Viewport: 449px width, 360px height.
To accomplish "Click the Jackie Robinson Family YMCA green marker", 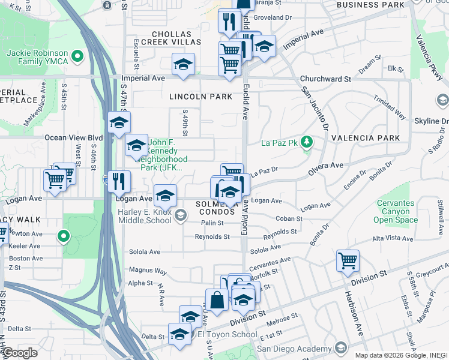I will pyautogui.click(x=77, y=57).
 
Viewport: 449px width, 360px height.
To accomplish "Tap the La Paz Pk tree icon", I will pyautogui.click(x=307, y=142).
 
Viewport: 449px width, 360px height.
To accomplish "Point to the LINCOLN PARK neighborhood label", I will pyautogui.click(x=200, y=97).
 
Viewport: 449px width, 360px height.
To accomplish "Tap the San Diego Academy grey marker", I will pyautogui.click(x=341, y=347).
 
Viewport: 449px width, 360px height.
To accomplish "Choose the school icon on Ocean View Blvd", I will pyautogui.click(x=119, y=123).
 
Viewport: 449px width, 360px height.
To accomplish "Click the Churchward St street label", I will pyautogui.click(x=325, y=79).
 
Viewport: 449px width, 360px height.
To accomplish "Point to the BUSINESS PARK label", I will pyautogui.click(x=370, y=5).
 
